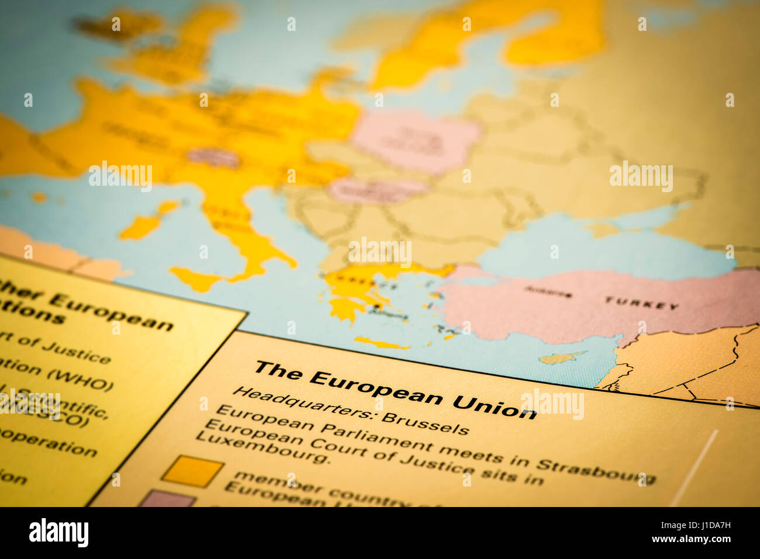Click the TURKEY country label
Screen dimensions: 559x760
[x=641, y=303]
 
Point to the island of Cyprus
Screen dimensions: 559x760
[x=560, y=357]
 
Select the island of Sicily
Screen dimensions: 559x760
[x=196, y=279]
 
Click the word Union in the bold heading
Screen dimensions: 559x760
[x=494, y=405]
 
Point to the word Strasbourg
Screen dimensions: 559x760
[x=596, y=471]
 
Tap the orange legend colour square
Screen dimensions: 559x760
[x=192, y=471]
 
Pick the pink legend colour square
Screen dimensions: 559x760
[x=167, y=499]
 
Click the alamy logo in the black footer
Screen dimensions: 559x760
[x=58, y=533]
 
